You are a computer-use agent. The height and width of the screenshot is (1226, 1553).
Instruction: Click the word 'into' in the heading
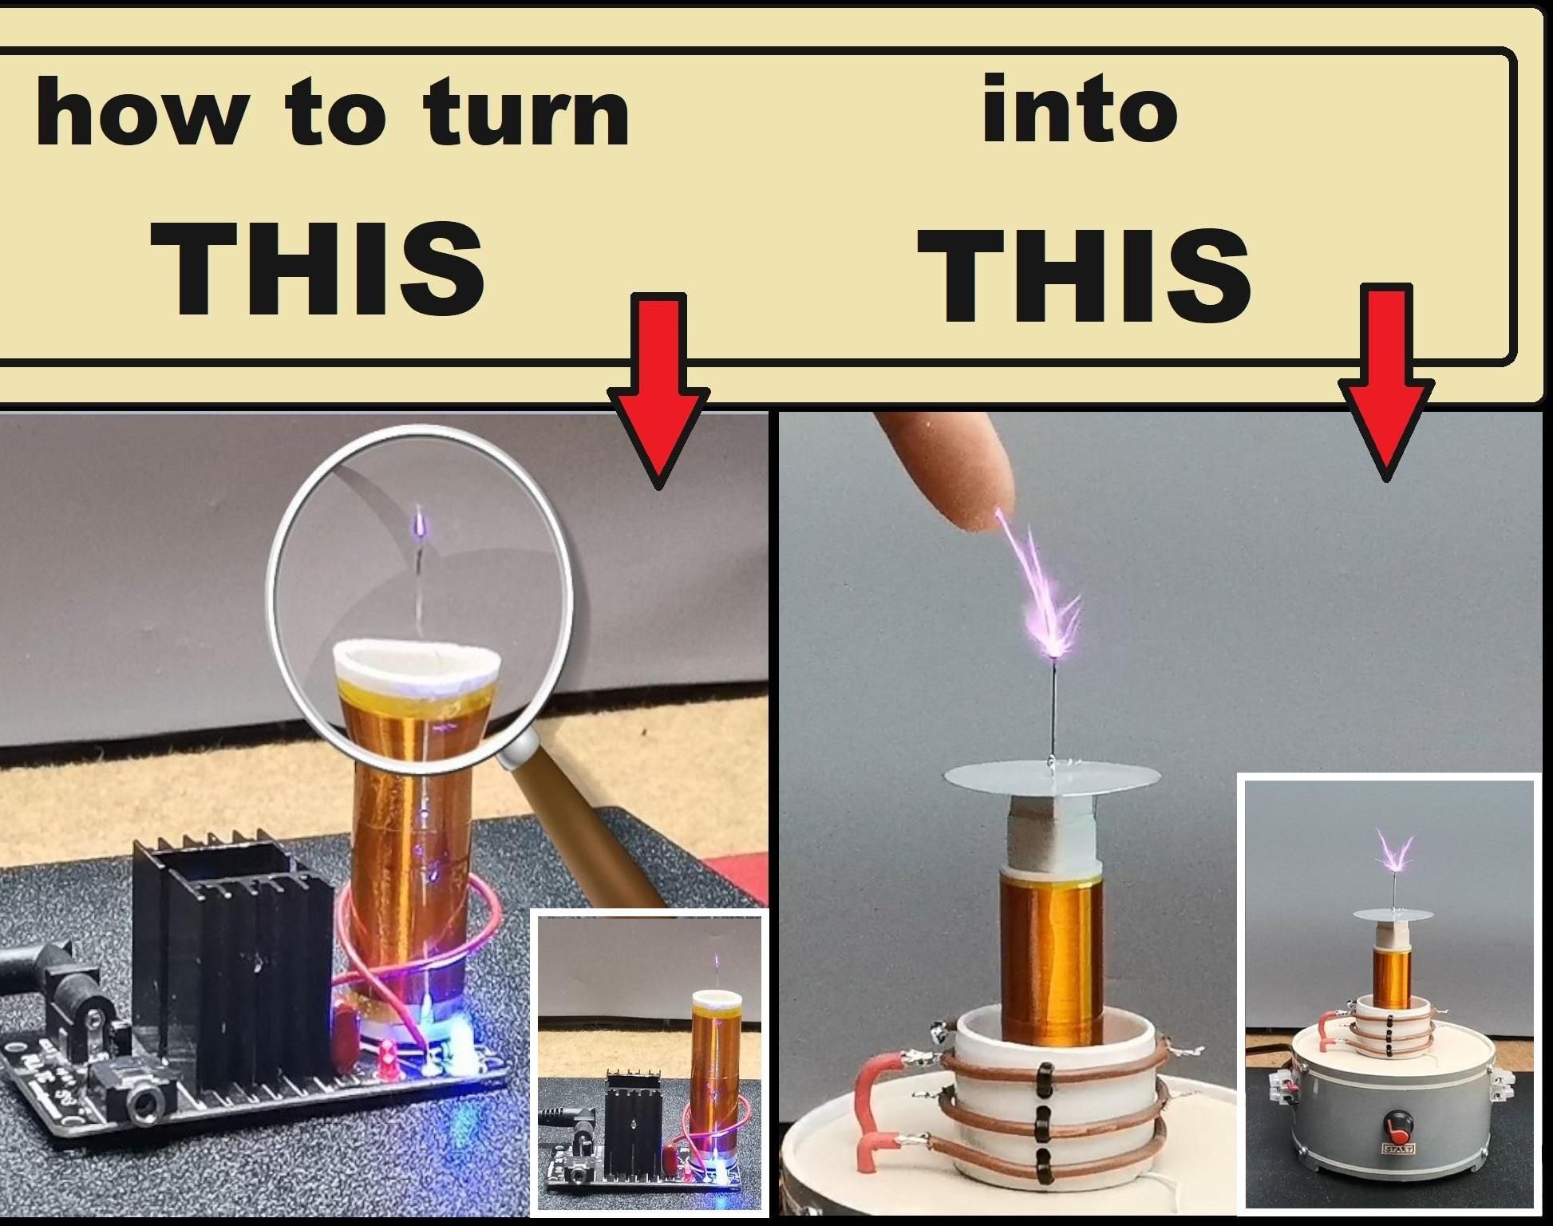(1079, 109)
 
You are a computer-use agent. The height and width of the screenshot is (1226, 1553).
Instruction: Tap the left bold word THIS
(318, 267)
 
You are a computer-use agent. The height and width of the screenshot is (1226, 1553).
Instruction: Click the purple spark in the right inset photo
(1394, 859)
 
